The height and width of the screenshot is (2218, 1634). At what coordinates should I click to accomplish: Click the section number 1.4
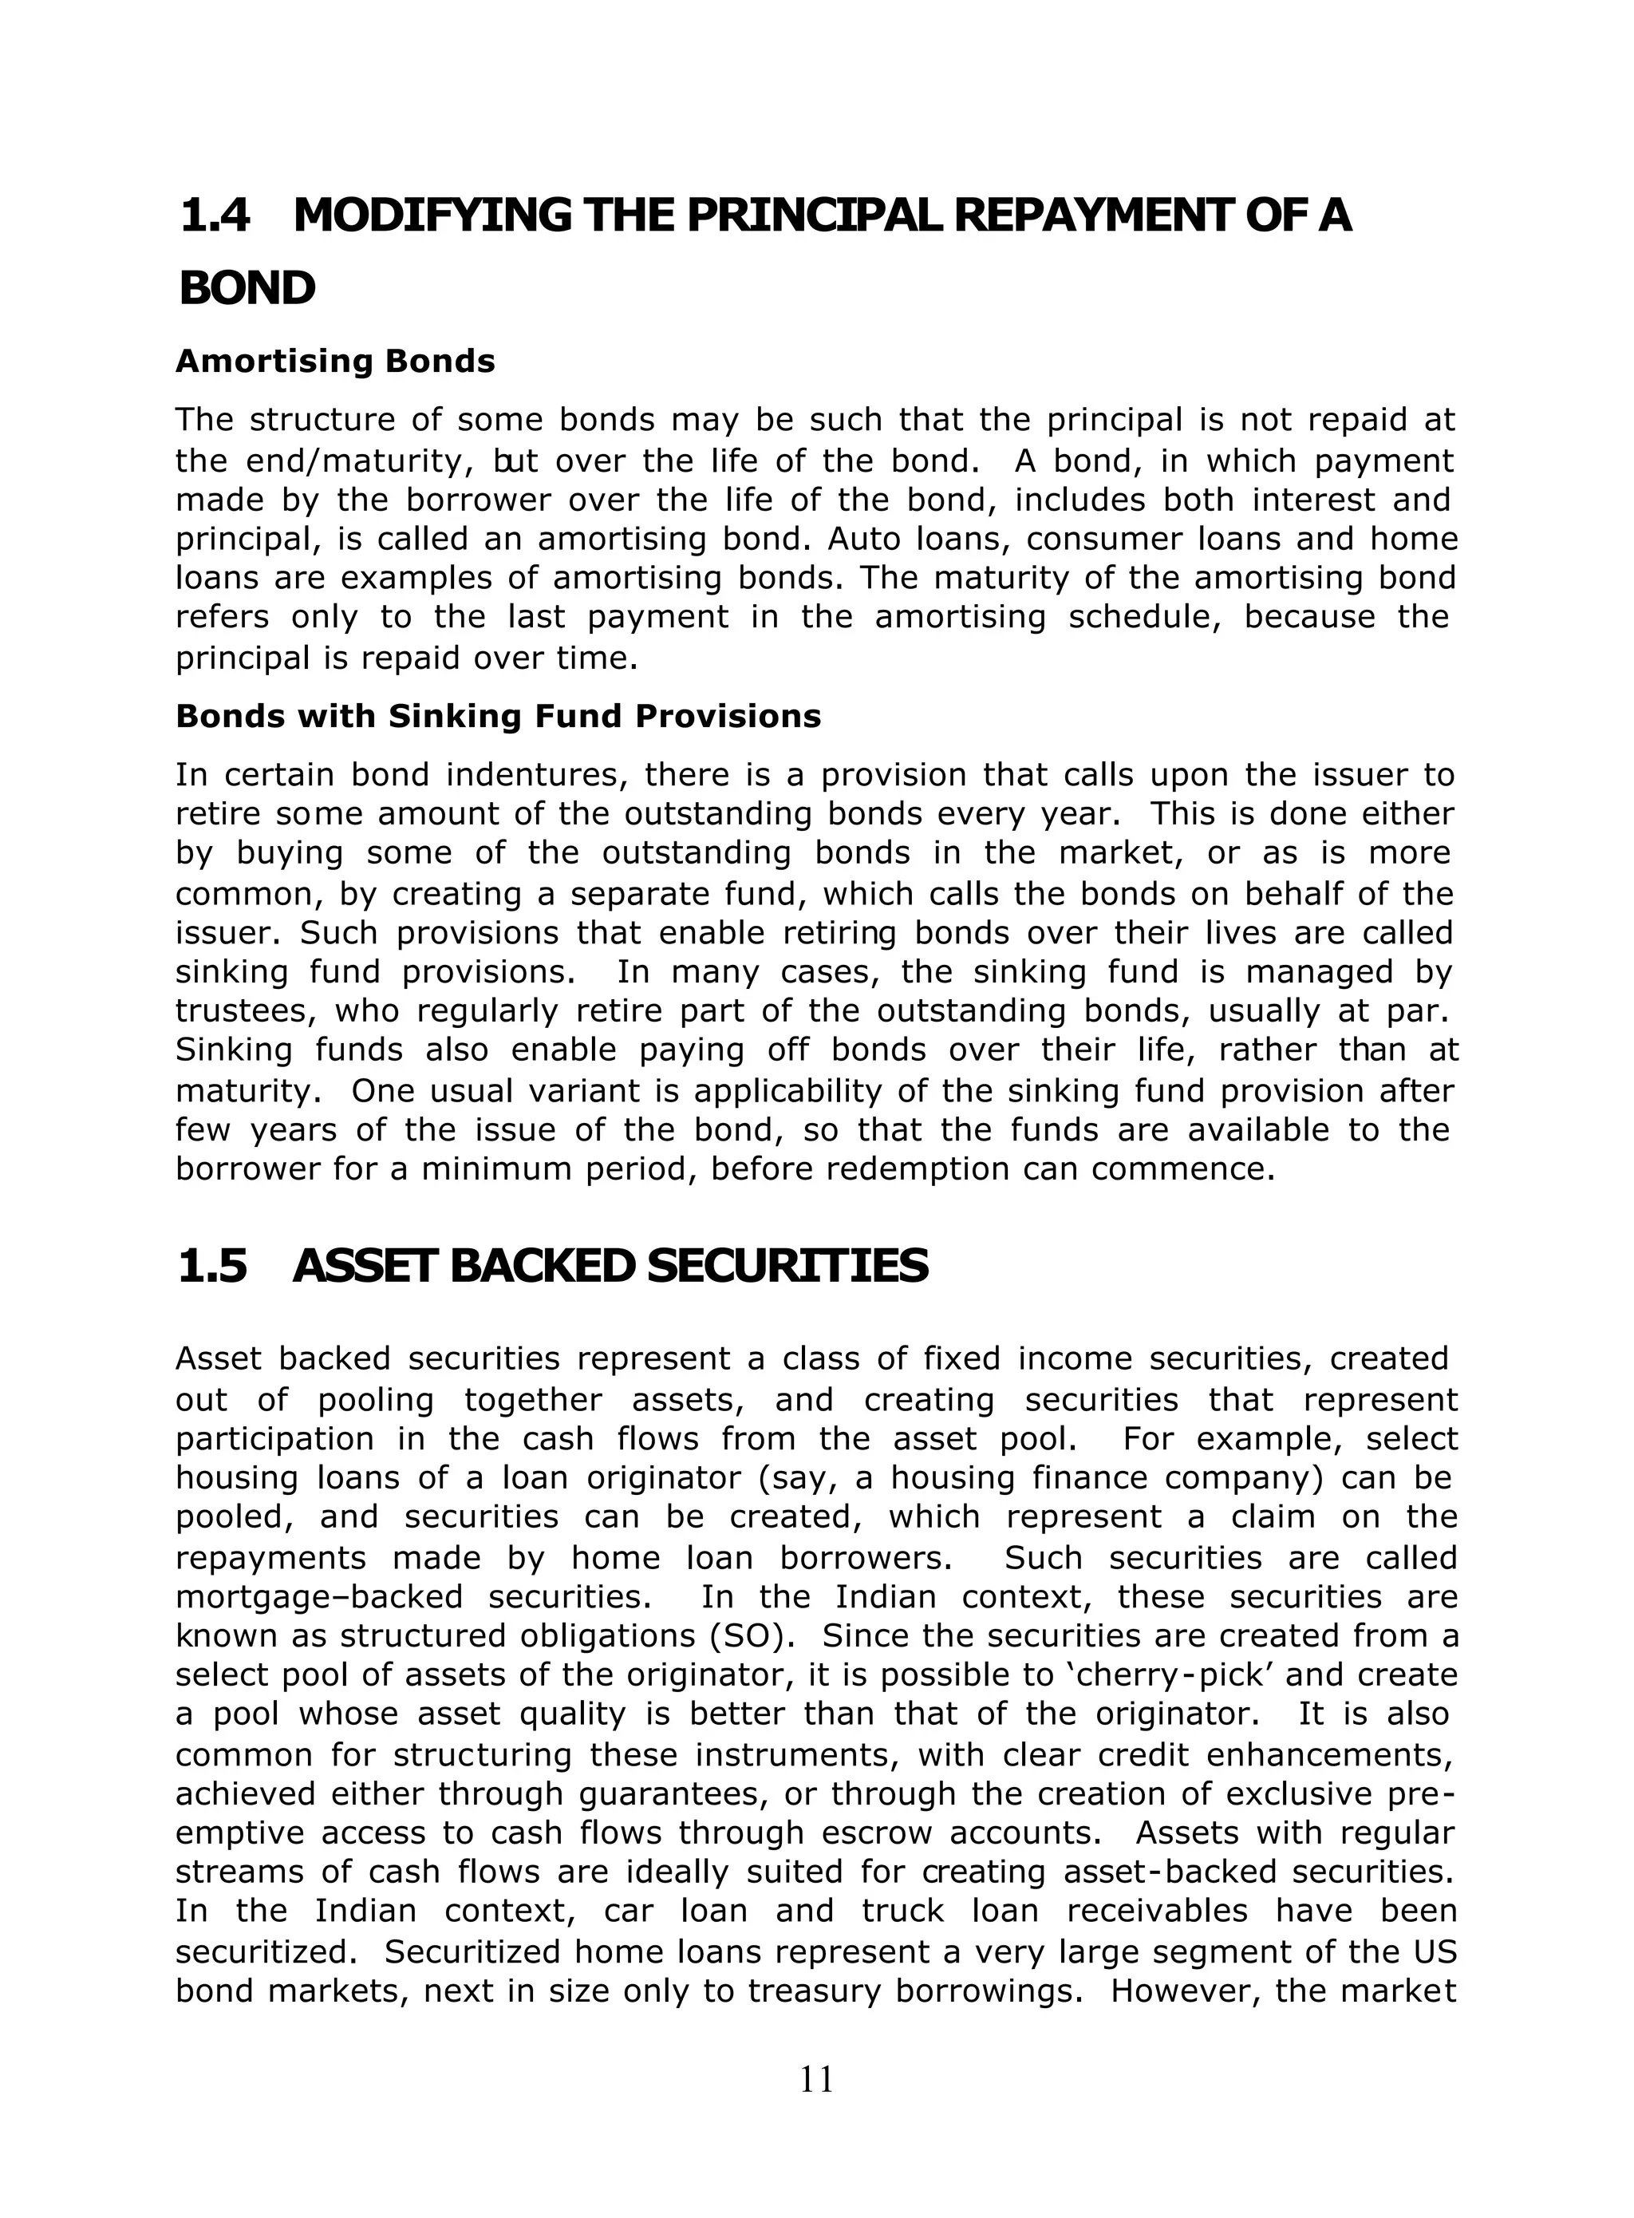tap(215, 215)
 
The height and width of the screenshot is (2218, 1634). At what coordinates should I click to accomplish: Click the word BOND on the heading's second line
tap(247, 289)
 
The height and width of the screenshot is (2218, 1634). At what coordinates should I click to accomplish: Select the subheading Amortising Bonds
tap(335, 361)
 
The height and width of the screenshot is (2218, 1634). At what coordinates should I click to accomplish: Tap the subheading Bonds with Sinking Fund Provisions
tap(498, 716)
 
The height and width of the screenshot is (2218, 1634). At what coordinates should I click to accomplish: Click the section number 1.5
tap(211, 1267)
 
